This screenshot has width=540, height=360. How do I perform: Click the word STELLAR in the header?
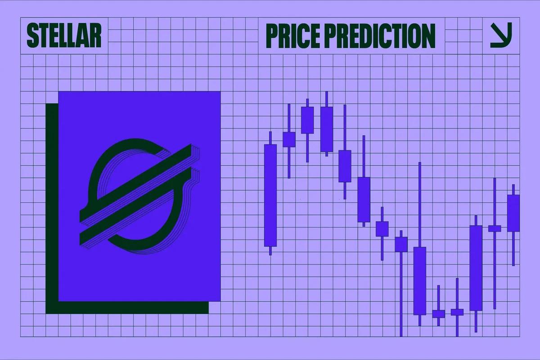(x=64, y=36)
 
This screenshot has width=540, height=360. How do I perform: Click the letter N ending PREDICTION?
(x=427, y=36)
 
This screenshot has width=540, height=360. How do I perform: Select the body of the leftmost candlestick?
(x=270, y=195)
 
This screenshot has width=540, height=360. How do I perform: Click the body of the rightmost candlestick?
(x=513, y=213)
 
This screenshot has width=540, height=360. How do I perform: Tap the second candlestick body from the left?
(x=289, y=139)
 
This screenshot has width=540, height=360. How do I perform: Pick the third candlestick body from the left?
(x=307, y=120)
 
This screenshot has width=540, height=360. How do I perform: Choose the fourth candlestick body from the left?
(x=327, y=129)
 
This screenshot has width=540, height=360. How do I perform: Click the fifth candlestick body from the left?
(x=345, y=166)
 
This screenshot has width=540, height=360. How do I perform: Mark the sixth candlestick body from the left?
(x=364, y=199)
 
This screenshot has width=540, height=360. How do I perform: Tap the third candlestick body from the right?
(x=476, y=268)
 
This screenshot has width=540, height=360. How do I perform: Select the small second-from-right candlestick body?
(x=495, y=228)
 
